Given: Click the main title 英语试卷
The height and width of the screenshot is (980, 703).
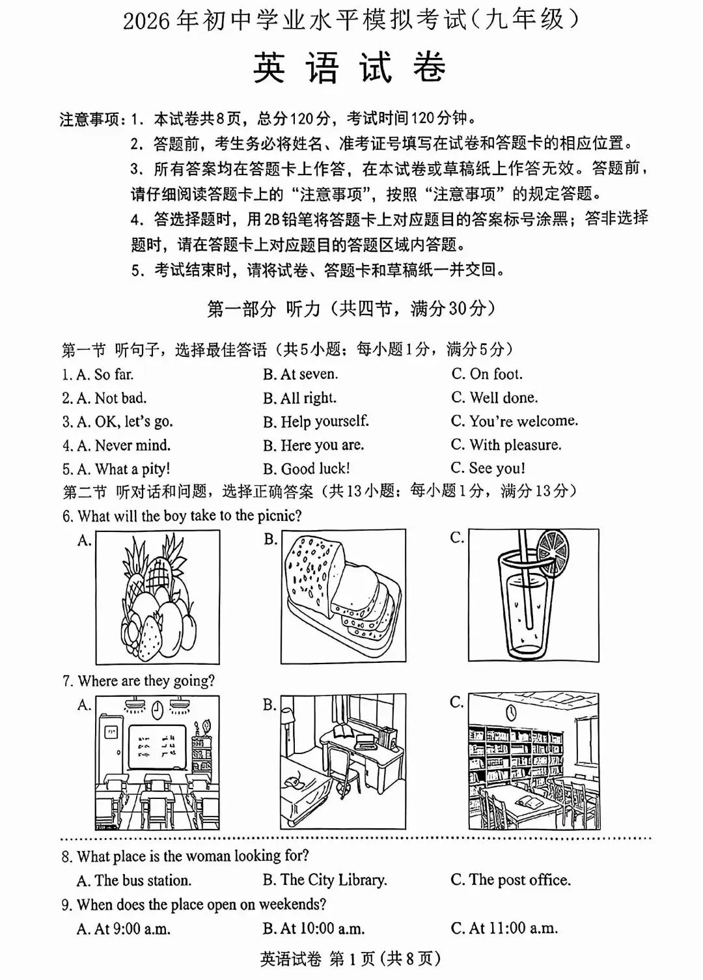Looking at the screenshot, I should (x=350, y=68).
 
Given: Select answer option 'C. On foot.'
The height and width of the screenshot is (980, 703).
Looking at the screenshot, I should (x=487, y=374).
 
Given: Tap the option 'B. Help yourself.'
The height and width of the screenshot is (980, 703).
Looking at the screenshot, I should (x=316, y=421).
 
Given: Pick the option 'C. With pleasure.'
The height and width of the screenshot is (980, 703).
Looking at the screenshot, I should (x=506, y=445).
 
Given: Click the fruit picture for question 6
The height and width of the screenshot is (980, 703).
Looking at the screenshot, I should (x=158, y=596).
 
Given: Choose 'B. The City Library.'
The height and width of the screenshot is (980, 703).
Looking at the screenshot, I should (x=325, y=880).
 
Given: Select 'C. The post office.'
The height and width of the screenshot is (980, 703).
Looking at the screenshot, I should (x=510, y=880).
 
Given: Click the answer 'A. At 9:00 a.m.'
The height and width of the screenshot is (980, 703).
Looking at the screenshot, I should (x=124, y=929).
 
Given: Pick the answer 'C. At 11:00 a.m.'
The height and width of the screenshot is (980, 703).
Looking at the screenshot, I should (x=504, y=928).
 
